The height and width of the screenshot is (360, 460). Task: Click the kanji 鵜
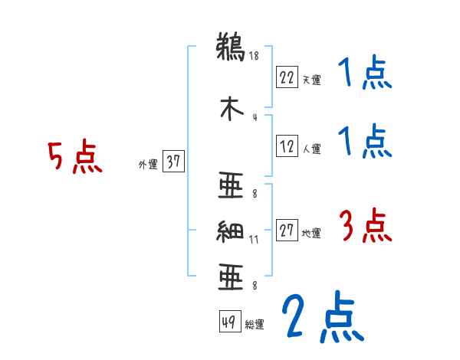coord(230,47)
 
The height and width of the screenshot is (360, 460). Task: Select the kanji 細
coord(230,230)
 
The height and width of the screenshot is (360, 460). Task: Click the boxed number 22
coord(287,78)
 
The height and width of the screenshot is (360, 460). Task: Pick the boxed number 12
coord(287,146)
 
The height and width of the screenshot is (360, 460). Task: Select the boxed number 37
coord(173,162)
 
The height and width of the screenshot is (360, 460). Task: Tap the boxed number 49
coord(228,322)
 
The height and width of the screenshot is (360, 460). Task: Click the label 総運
coord(255,325)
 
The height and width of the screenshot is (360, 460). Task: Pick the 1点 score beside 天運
coord(365,75)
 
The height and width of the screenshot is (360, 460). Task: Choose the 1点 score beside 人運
coord(365,142)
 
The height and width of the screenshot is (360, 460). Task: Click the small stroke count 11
coord(255,239)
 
